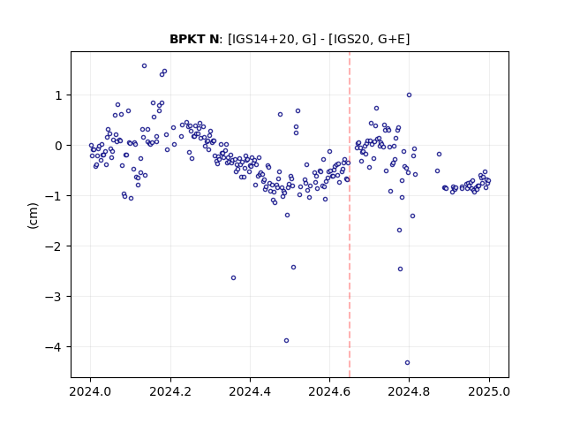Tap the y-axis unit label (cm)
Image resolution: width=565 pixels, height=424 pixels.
click(33, 216)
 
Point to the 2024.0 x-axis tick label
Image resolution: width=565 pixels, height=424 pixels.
click(91, 391)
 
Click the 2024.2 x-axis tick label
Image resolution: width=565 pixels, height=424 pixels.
click(170, 391)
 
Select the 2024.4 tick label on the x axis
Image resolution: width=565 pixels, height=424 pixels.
click(250, 391)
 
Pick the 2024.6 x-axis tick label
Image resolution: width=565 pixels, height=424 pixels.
click(329, 391)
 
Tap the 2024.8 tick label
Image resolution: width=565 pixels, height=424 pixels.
click(409, 391)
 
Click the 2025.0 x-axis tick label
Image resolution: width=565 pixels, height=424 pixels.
click(489, 391)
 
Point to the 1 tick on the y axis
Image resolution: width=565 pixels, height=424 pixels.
click(59, 95)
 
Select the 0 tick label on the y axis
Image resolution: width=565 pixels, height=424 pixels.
click(59, 146)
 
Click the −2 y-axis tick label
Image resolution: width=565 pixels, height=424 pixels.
click(54, 246)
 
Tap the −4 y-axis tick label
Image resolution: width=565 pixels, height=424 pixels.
click(54, 347)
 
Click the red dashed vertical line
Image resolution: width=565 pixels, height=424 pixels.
click(350, 215)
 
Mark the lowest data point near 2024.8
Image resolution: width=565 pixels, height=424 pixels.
click(407, 363)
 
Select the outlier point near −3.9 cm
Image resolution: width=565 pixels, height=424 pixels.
click(286, 341)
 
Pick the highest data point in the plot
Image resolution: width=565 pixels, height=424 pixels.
click(144, 66)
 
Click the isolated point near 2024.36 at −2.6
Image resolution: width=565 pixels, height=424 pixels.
click(233, 278)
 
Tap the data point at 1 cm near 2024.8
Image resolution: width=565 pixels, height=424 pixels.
click(409, 95)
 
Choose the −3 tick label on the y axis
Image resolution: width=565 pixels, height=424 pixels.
click(54, 297)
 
